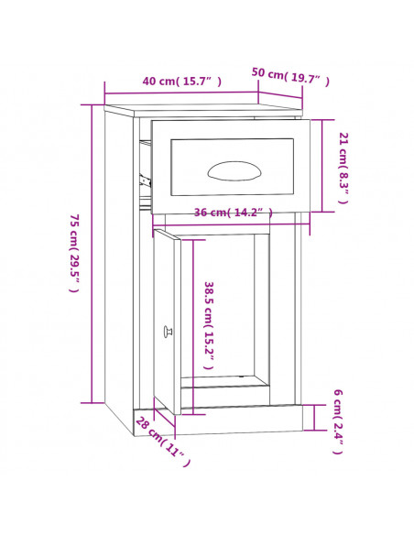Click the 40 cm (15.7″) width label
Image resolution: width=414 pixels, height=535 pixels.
[181, 82]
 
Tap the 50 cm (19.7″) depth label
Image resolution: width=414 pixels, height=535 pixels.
[290, 76]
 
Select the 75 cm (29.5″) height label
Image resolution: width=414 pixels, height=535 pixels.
[74, 253]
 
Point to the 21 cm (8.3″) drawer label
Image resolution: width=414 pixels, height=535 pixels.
[343, 168]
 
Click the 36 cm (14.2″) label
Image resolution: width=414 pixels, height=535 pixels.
[234, 213]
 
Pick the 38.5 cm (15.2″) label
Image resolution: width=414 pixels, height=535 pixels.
[209, 325]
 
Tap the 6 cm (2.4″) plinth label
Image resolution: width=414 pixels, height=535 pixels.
[338, 421]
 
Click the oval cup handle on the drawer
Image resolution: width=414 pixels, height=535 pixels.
[234, 170]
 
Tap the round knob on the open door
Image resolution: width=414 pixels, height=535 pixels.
[168, 332]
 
